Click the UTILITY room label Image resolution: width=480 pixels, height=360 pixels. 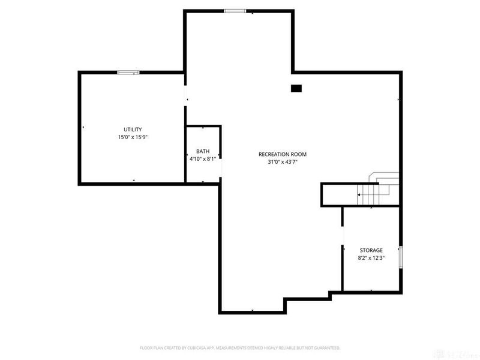coord(133,130)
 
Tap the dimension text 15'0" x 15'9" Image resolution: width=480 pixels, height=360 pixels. coord(133,137)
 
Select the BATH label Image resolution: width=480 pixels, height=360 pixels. coord(203,152)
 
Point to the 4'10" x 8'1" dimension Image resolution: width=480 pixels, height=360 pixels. coord(203,159)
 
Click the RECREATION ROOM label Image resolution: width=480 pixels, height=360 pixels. coord(278,154)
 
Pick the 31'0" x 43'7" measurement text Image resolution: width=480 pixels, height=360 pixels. coord(278,162)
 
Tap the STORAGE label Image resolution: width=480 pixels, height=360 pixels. coord(371,250)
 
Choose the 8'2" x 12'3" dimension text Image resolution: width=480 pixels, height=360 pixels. coord(371,258)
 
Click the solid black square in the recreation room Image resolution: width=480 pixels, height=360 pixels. coord(296,88)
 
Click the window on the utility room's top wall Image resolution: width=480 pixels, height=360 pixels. coord(128,73)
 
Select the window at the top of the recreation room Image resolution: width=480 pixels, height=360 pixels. coord(235,11)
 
